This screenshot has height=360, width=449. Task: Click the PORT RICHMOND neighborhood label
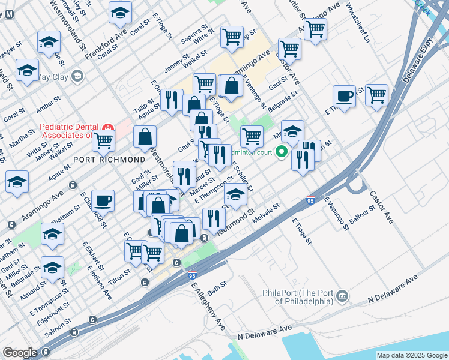[x=109, y=160]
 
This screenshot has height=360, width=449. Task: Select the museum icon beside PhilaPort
[x=342, y=296]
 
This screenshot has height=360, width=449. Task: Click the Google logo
[x=20, y=353]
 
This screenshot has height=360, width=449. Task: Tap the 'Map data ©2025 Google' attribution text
[x=412, y=355]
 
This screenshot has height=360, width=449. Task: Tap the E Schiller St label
[x=242, y=177]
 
